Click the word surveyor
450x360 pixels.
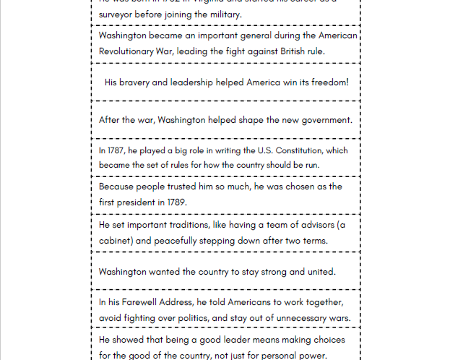pos(117,14)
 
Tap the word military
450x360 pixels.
pos(223,14)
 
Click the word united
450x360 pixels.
pos(318,272)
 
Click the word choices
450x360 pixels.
pos(326,340)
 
